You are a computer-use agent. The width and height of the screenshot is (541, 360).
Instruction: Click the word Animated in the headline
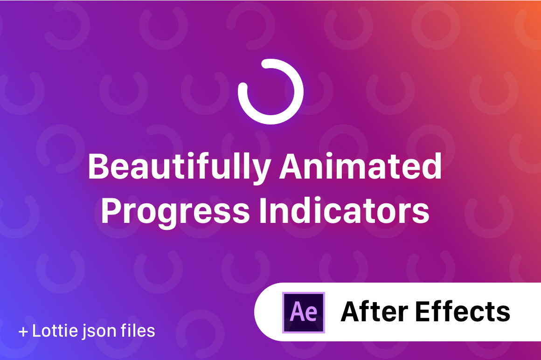(361, 166)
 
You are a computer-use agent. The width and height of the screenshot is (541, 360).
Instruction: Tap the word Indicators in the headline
(345, 210)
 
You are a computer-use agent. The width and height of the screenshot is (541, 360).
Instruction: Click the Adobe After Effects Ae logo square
(304, 312)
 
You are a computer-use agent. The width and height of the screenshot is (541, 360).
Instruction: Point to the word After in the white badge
(375, 312)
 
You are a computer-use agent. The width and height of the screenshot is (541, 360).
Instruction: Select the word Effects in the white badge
(463, 312)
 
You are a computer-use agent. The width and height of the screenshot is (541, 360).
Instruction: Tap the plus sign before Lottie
(23, 332)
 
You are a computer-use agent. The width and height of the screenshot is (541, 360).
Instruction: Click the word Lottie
(55, 330)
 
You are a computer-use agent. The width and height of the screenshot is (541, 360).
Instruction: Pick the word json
(99, 332)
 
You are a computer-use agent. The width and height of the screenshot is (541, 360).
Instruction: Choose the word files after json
(138, 330)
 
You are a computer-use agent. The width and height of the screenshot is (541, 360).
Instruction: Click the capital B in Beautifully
(99, 166)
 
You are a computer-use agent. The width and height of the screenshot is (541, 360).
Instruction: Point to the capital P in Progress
(111, 211)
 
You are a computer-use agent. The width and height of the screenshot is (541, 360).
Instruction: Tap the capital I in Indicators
(263, 211)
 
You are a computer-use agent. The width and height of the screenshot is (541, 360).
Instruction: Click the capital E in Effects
(423, 312)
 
